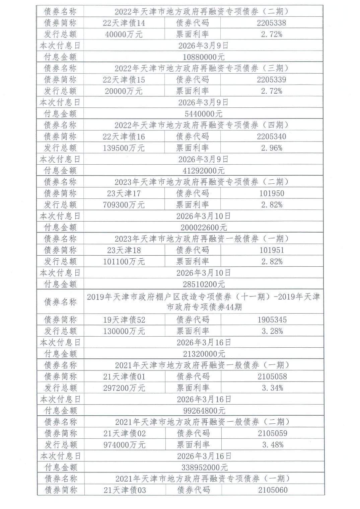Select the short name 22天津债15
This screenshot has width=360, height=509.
click(124, 80)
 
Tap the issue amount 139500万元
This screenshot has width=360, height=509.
click(124, 148)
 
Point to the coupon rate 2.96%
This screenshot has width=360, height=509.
click(272, 148)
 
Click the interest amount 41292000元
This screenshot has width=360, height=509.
click(204, 171)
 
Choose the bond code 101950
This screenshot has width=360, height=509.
click(272, 193)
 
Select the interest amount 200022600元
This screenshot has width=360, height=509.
click(204, 228)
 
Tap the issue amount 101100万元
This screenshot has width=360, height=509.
click(124, 262)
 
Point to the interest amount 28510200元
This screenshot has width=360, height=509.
click(204, 284)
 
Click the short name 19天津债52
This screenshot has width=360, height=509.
click(124, 320)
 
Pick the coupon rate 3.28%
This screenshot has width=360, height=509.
click(272, 331)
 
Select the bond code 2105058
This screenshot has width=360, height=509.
click(272, 376)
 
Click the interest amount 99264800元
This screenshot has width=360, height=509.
click(204, 411)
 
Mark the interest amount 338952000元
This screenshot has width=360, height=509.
click(204, 468)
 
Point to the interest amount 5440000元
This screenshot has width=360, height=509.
click(204, 114)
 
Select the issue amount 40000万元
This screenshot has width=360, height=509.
click(124, 34)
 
